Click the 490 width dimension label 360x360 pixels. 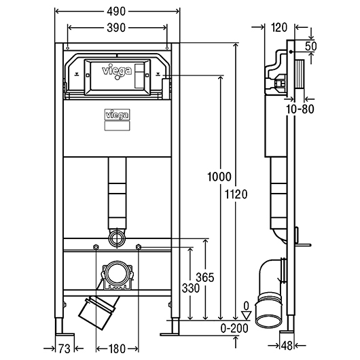click(x=116, y=12)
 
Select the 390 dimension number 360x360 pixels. click(x=116, y=28)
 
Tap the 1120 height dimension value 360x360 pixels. click(x=236, y=194)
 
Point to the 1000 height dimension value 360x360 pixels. click(x=219, y=177)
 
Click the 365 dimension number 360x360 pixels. click(x=205, y=278)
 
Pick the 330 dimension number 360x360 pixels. click(x=191, y=289)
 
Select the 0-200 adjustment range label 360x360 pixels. click(x=234, y=328)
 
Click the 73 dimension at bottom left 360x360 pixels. click(x=65, y=349)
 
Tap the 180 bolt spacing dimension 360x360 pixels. click(x=117, y=349)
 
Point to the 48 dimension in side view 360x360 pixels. click(x=287, y=346)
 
